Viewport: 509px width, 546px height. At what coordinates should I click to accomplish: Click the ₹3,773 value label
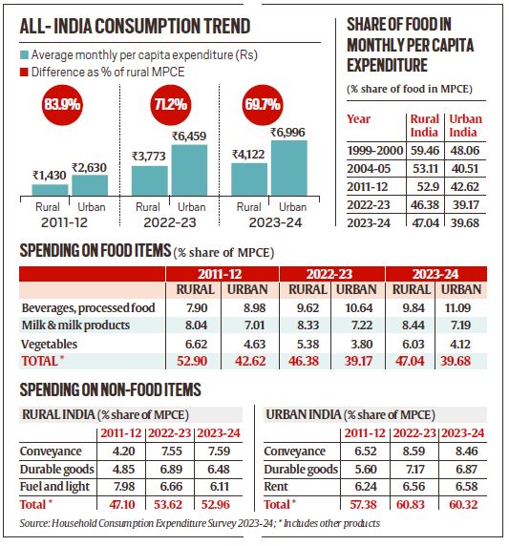(149, 157)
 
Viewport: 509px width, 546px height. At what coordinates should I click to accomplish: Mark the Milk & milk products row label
(72, 325)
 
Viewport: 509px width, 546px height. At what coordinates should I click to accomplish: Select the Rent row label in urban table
(283, 484)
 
